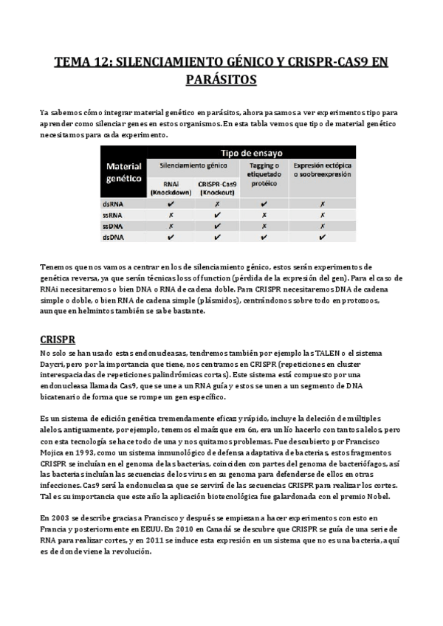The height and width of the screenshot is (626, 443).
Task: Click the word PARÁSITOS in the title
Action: coord(221,79)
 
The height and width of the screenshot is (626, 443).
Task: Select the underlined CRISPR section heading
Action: coord(58,341)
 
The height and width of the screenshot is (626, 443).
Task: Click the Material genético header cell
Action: coord(123,173)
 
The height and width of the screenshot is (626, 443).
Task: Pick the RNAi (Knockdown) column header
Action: coord(171,188)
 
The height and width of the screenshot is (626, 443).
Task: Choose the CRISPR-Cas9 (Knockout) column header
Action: coord(217,188)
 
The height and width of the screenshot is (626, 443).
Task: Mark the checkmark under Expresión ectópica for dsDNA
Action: coord(323,238)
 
